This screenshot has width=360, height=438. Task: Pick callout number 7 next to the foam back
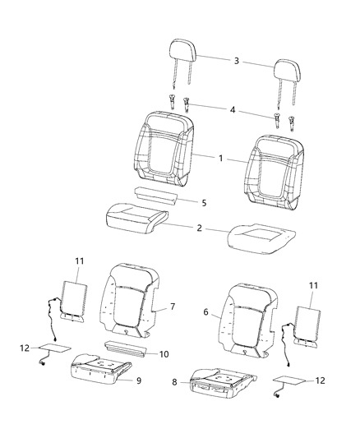(172, 307)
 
